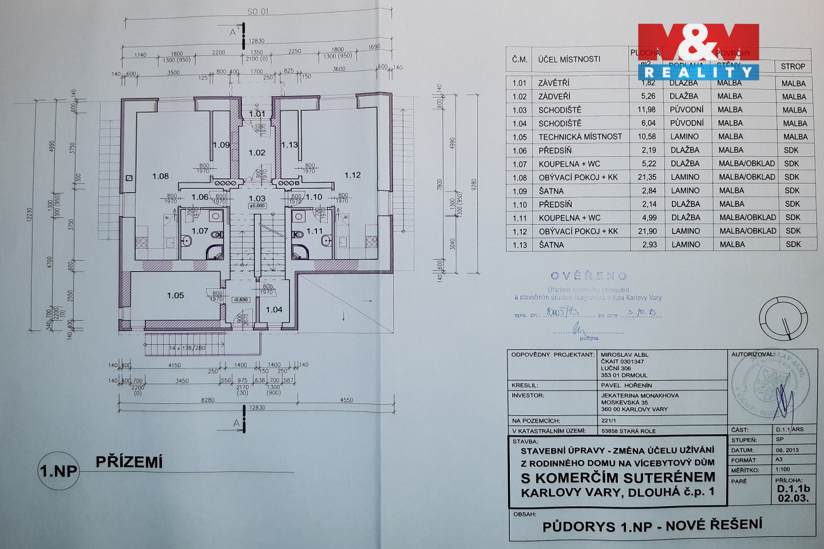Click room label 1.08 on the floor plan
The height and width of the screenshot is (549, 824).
[x=161, y=176]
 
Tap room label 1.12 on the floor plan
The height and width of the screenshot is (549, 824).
[x=352, y=175]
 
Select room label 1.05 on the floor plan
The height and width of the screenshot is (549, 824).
[x=176, y=295]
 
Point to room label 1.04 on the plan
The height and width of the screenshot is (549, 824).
[x=274, y=309]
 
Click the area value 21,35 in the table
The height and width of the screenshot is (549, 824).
[x=647, y=177]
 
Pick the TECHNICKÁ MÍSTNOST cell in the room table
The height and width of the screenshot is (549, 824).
[x=580, y=137]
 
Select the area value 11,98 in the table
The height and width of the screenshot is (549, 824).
[x=647, y=110]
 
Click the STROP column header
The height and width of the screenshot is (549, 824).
[x=793, y=66]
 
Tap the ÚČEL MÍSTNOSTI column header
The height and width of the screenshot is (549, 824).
[x=569, y=59]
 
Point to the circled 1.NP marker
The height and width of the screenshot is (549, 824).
[x=58, y=471]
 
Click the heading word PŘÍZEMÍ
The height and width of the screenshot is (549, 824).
[x=129, y=462]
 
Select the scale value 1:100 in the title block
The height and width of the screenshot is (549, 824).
[x=783, y=470]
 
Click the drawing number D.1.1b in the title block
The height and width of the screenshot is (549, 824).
[x=793, y=489]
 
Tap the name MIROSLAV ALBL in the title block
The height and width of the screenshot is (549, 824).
[x=624, y=355]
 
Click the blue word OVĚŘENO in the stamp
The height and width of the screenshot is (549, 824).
[x=588, y=276]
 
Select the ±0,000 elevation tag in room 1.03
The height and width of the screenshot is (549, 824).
[x=257, y=206]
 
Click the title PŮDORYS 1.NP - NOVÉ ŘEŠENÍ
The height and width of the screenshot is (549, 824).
[x=652, y=526]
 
